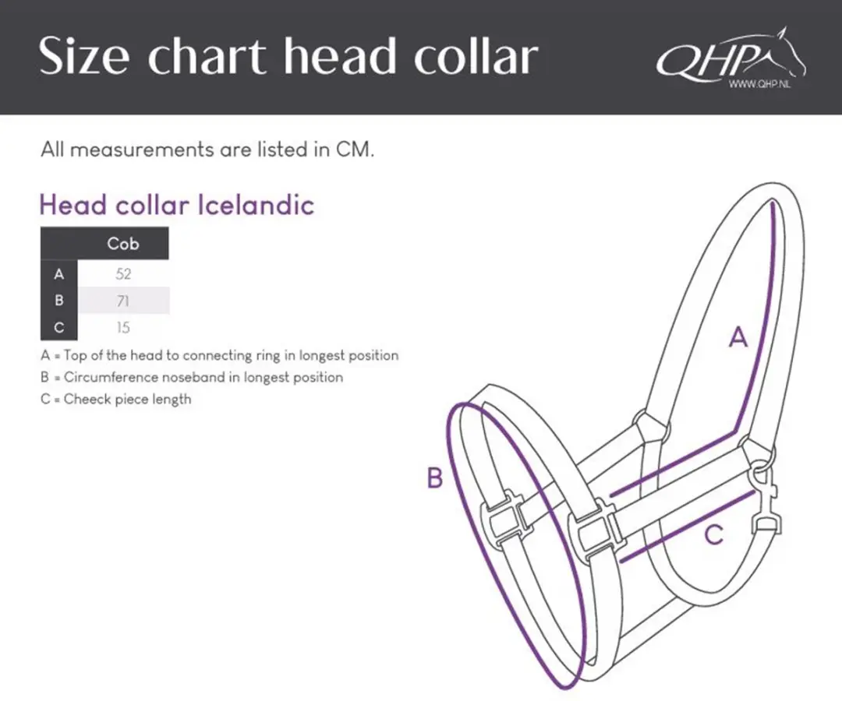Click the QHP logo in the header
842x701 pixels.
click(731, 56)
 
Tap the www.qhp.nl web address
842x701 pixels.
click(759, 83)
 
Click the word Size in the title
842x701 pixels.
click(83, 56)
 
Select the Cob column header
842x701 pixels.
click(123, 244)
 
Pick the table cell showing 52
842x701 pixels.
click(123, 274)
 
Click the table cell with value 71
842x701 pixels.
click(123, 301)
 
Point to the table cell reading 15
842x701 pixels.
click(123, 327)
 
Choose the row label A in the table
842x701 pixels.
click(59, 274)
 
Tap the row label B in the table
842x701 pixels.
click(59, 301)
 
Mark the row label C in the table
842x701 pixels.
click(59, 327)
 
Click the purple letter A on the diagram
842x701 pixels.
click(738, 337)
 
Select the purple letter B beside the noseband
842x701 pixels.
click(435, 477)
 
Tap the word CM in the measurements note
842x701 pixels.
click(354, 149)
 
